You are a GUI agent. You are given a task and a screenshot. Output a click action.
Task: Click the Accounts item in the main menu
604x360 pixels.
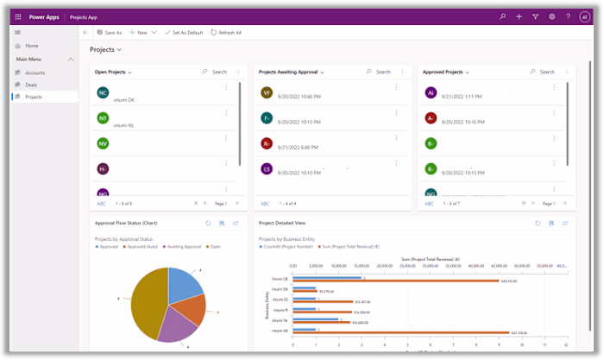coord(35,73)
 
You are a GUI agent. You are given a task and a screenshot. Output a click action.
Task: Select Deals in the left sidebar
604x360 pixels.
coord(31,85)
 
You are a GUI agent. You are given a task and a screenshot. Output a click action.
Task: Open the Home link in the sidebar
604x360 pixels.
coord(31,45)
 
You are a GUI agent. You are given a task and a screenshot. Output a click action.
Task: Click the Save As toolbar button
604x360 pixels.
coord(109,32)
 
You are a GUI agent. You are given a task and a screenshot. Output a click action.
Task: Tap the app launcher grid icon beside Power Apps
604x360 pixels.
coord(17,16)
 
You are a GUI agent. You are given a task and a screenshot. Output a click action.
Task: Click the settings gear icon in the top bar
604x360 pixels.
coord(552,16)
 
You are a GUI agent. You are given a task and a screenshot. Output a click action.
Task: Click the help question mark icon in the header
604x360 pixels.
coord(569,16)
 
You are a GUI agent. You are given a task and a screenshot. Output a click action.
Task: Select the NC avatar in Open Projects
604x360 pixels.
coord(103,92)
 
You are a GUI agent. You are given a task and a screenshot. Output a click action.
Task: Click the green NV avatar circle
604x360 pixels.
coord(103,143)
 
